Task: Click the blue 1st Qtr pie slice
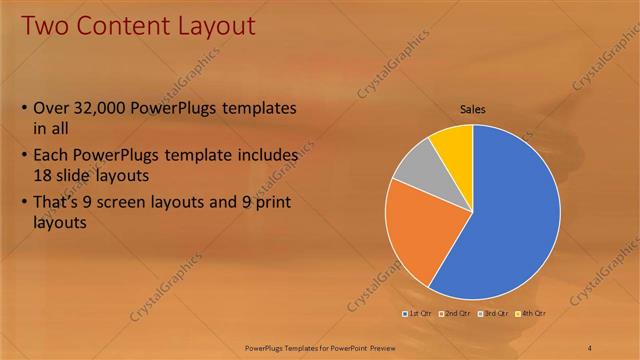coord(510,220)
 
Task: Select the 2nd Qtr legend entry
coord(458,313)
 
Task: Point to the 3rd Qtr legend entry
coord(496,313)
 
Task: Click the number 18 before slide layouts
coord(44,174)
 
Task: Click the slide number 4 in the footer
coord(589,347)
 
